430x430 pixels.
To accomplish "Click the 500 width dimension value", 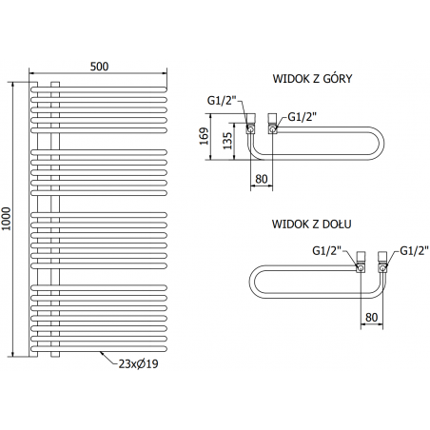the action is click(x=99, y=67).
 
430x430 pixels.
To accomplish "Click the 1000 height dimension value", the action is click(x=6, y=219).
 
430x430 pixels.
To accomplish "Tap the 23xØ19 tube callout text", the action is click(x=138, y=363).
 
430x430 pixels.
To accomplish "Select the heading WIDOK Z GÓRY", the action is click(x=312, y=79).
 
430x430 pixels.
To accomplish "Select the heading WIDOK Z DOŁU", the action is click(x=311, y=225).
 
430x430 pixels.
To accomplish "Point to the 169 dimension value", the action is click(x=205, y=136).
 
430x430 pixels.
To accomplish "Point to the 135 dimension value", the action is click(x=227, y=141).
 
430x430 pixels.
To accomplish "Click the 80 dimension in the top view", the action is click(x=262, y=179).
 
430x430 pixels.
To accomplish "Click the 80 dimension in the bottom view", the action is click(x=372, y=318).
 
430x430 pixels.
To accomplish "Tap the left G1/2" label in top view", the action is click(x=222, y=101).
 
